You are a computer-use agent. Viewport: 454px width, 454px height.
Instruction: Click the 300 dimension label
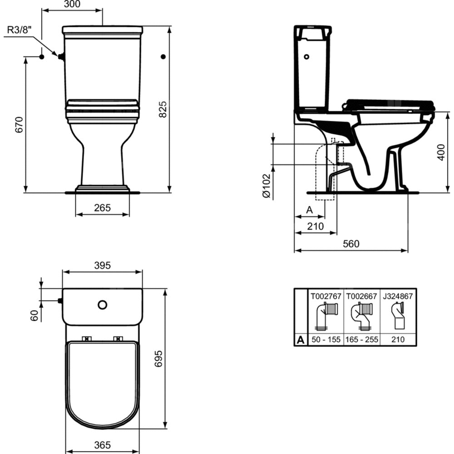[x=72, y=4]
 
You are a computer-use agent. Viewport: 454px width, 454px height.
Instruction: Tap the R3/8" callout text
[x=19, y=30]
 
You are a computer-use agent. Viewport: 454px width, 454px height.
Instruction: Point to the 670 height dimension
[x=19, y=125]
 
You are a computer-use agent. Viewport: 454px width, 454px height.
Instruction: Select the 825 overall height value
[x=163, y=109]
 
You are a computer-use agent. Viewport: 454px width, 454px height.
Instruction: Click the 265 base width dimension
[x=103, y=207]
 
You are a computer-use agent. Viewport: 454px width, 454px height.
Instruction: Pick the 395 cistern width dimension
[x=103, y=265]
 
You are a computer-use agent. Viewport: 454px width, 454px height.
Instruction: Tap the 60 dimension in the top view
[x=34, y=316]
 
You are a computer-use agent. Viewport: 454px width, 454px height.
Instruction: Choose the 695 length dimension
[x=158, y=359]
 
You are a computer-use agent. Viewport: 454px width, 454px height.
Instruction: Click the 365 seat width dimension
[x=103, y=445]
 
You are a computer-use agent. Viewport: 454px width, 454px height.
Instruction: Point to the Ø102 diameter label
[x=266, y=186]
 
